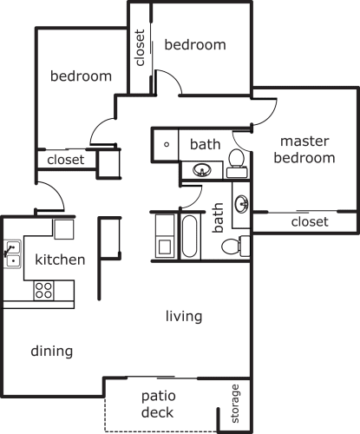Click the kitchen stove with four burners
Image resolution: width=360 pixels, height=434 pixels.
[43, 291]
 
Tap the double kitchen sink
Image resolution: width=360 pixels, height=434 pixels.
[12, 254]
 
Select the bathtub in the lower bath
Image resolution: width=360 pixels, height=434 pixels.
[190, 236]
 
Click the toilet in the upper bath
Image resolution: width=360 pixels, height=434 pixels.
[237, 163]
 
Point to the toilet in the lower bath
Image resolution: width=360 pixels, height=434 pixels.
[236, 246]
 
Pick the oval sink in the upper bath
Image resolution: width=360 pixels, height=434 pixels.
[202, 170]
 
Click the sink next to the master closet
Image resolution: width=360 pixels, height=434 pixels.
[241, 203]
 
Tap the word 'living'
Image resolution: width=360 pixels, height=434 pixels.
[184, 316]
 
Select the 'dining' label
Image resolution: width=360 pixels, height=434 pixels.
[52, 352]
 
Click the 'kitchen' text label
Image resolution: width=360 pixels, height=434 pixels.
[60, 260]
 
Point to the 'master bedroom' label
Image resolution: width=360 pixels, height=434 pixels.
[304, 149]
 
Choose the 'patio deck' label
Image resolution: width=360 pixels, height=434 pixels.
[158, 404]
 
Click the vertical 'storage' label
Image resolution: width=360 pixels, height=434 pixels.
[235, 404]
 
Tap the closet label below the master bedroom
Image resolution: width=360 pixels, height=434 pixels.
[310, 222]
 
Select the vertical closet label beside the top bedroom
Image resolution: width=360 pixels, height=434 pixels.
[140, 48]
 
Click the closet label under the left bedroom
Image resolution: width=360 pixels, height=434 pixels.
[66, 160]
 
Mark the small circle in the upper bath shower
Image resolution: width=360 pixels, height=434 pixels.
[167, 144]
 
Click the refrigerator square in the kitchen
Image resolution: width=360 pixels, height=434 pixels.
[63, 229]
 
